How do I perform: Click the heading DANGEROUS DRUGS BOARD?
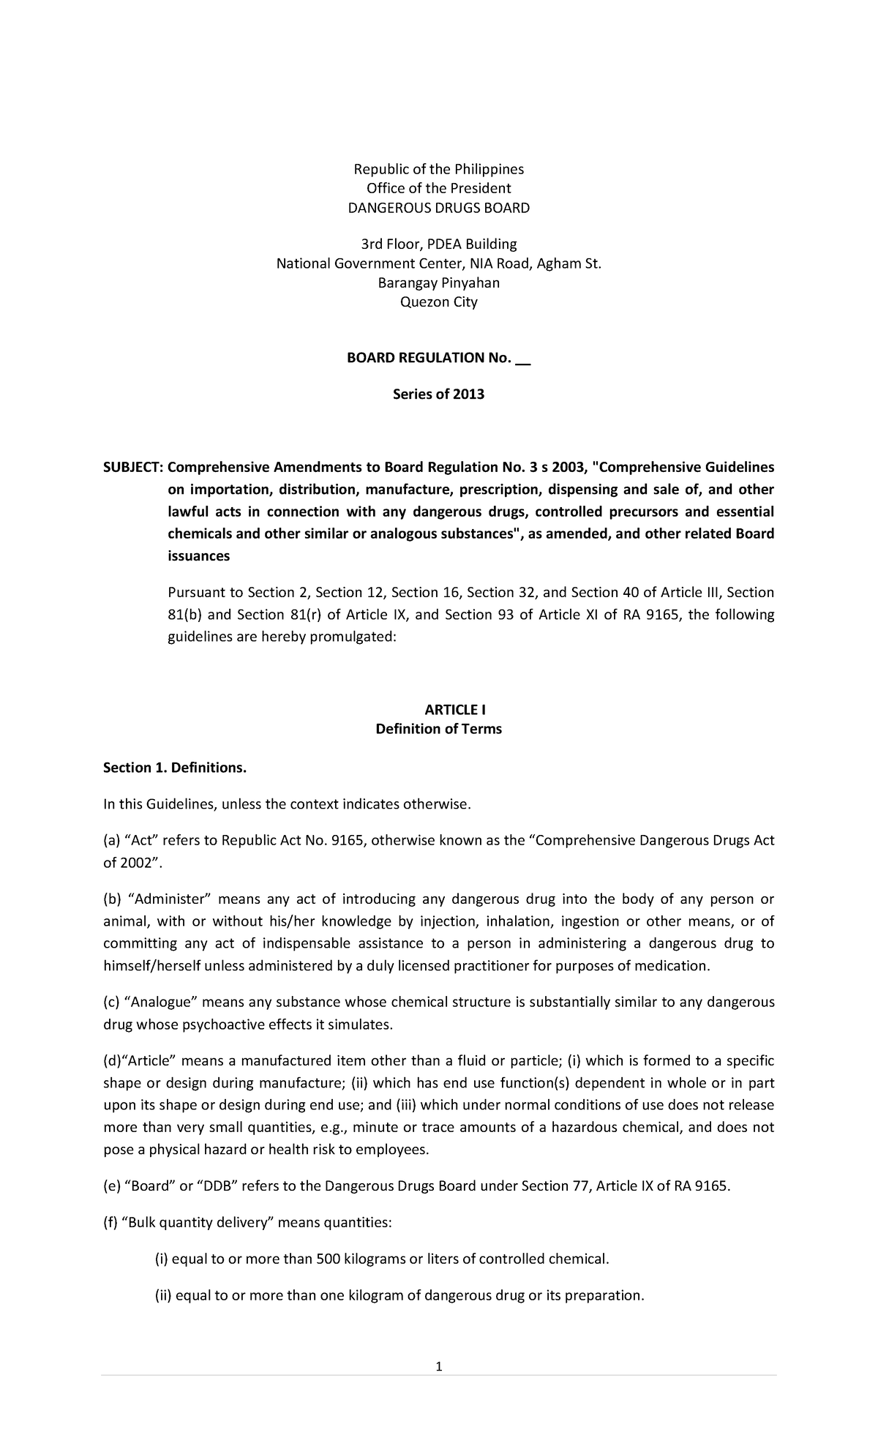[438, 208]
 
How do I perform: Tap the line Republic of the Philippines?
[439, 169]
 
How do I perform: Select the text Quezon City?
[438, 302]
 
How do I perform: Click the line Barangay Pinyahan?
[438, 283]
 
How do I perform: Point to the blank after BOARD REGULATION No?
[522, 359]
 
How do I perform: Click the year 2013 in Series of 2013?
[469, 394]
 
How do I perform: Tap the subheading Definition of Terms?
[438, 729]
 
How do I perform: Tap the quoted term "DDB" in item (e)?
[218, 1186]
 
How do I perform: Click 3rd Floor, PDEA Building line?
[438, 244]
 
